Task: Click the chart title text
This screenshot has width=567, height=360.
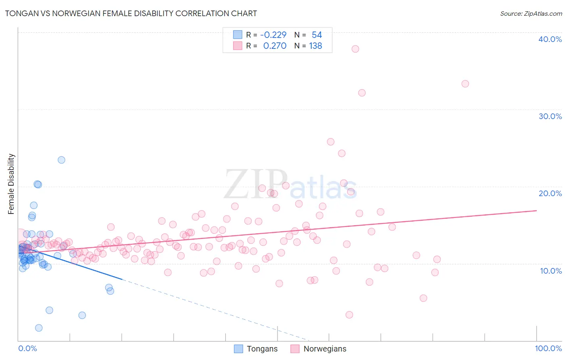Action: pyautogui.click(x=131, y=13)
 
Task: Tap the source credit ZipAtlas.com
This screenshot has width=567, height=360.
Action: pyautogui.click(x=531, y=13)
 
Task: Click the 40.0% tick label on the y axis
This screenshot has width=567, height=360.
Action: pyautogui.click(x=550, y=39)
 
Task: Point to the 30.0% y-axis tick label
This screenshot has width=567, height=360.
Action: pyautogui.click(x=550, y=116)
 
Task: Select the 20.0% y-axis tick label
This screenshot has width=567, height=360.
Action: pyautogui.click(x=550, y=193)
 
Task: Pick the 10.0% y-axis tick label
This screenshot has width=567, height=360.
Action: pyautogui.click(x=550, y=271)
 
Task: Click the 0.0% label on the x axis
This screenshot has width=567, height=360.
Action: pyautogui.click(x=27, y=348)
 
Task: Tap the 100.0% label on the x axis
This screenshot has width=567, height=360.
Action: pyautogui.click(x=548, y=348)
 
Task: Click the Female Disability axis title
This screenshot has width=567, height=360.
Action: pyautogui.click(x=11, y=184)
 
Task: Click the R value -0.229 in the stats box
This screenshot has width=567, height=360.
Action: pyautogui.click(x=273, y=35)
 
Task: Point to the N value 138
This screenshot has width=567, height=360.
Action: pyautogui.click(x=315, y=46)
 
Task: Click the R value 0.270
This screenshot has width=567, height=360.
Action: pyautogui.click(x=275, y=46)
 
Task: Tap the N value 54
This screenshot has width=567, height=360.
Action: pyautogui.click(x=317, y=35)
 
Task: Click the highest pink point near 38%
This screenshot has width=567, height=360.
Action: pyautogui.click(x=355, y=49)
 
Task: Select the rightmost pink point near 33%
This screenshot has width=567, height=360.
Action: pyautogui.click(x=465, y=84)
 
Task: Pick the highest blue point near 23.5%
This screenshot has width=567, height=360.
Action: pyautogui.click(x=61, y=160)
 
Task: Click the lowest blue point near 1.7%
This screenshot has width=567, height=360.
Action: pyautogui.click(x=39, y=328)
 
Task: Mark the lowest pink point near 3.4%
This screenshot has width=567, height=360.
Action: pyautogui.click(x=349, y=315)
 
